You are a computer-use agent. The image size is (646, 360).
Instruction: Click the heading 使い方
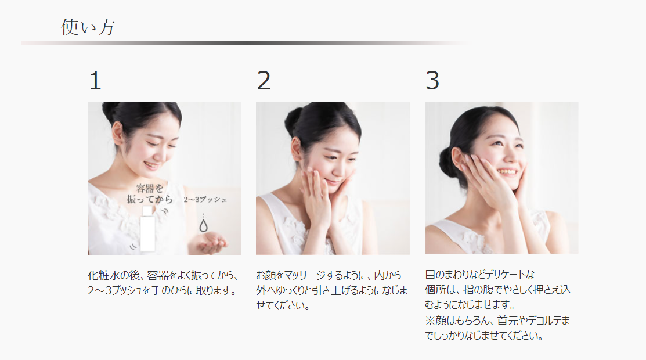click(x=88, y=27)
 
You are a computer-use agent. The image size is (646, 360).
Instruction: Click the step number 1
click(x=95, y=80)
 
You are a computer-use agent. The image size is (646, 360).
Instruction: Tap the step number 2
click(x=264, y=80)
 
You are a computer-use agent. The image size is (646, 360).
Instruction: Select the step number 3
click(x=432, y=80)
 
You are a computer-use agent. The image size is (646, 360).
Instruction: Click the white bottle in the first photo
click(x=147, y=229)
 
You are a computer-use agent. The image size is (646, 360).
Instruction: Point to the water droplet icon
click(x=203, y=225)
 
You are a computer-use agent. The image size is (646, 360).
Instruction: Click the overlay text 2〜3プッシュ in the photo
click(x=205, y=200)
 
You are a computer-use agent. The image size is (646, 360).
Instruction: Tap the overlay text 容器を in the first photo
click(x=150, y=189)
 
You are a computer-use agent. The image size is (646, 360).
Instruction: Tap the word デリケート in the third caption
click(x=504, y=275)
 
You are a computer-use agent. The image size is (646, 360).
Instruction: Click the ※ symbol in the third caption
click(x=430, y=321)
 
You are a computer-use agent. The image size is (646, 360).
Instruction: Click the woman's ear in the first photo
click(x=117, y=134)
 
